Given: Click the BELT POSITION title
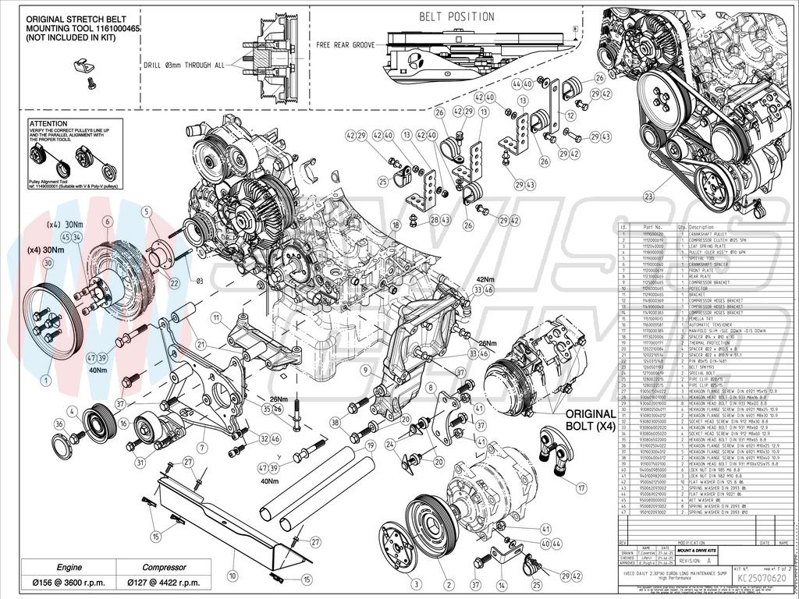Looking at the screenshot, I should pyautogui.click(x=456, y=16).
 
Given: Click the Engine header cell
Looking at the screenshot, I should pyautogui.click(x=58, y=567).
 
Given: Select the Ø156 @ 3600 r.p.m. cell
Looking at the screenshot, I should pyautogui.click(x=58, y=583).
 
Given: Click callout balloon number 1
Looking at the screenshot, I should pyautogui.click(x=46, y=380).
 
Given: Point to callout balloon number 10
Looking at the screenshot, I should pyautogui.click(x=232, y=576).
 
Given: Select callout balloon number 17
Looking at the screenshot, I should pyautogui.click(x=581, y=487).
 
